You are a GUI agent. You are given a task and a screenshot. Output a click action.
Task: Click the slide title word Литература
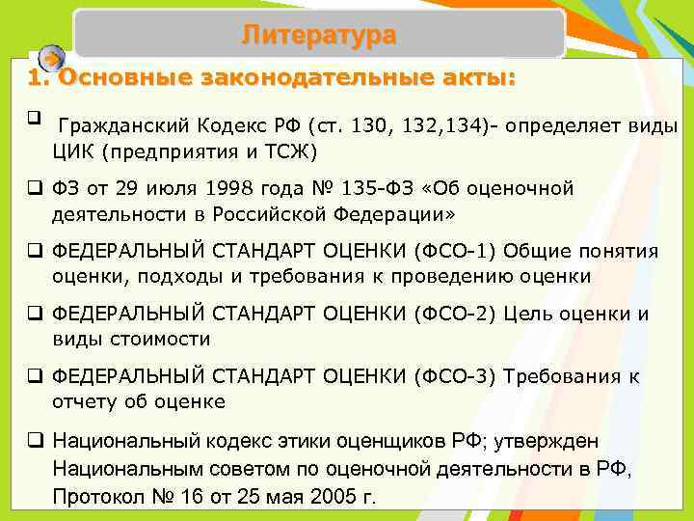coord(318,36)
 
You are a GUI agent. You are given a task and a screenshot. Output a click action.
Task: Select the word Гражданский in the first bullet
coord(122,127)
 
